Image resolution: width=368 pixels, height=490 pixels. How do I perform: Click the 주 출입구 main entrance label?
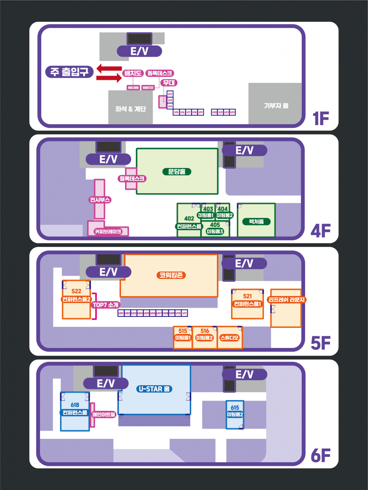pos(69,72)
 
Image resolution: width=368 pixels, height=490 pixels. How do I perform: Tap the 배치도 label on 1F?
pos(133,73)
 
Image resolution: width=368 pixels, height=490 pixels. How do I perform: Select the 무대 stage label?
pos(169,83)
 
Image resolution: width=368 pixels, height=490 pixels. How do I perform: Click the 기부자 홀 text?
pos(276,106)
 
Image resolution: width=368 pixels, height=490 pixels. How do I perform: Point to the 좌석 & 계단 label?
pos(131,109)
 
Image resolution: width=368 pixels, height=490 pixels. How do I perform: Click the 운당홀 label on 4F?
pos(177,172)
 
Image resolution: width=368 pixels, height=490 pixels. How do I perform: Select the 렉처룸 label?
pos(256,222)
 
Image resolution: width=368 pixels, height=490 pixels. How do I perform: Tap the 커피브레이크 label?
pos(108,232)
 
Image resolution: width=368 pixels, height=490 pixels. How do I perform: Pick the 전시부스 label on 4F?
pos(100,200)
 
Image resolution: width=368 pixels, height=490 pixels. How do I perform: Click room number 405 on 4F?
pos(215,225)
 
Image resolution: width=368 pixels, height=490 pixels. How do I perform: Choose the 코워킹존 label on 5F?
pos(171,275)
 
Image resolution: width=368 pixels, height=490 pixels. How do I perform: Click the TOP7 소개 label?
pos(106,305)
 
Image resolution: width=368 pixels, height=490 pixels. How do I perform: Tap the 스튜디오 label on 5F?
pos(229,338)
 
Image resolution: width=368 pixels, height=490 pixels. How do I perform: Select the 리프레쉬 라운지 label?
pos(286,300)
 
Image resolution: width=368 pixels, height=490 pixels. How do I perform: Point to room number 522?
pos(76,291)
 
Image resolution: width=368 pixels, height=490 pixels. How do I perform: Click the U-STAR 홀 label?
pos(154,389)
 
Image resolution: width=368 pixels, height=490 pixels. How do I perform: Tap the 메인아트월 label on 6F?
pos(104,415)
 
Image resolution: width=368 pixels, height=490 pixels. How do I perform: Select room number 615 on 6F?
pos(235,408)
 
